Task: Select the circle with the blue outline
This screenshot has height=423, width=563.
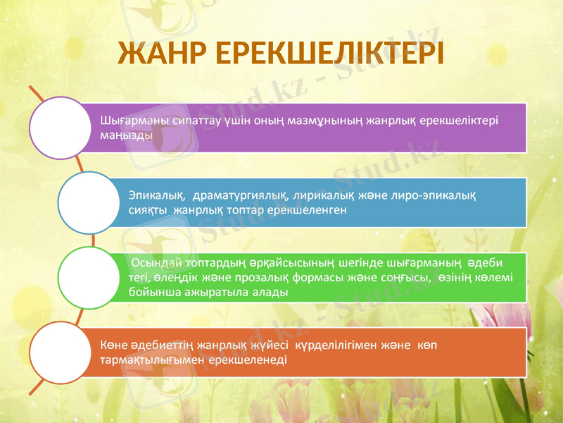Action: click(x=87, y=203)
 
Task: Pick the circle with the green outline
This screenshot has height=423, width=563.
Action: click(x=87, y=277)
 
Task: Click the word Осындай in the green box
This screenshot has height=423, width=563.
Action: click(x=153, y=264)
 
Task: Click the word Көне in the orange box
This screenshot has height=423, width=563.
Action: click(x=113, y=345)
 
